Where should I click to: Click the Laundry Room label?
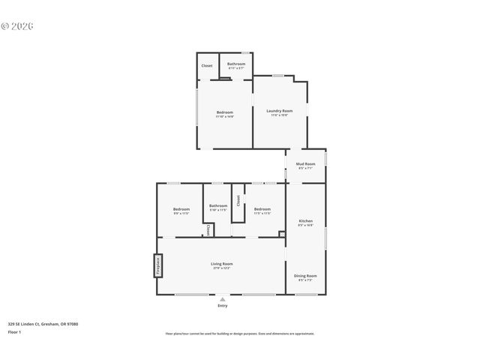click(x=279, y=110)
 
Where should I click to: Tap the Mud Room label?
click(x=305, y=163)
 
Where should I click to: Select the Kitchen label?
click(x=305, y=220)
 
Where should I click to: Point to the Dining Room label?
click(x=305, y=275)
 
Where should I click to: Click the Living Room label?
click(x=221, y=263)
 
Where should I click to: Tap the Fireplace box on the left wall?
click(x=158, y=265)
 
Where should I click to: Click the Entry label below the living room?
click(x=222, y=306)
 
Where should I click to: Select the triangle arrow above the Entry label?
click(x=222, y=299)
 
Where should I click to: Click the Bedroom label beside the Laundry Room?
click(x=224, y=112)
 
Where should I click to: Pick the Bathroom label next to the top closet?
click(x=236, y=64)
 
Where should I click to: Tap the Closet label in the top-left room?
click(x=207, y=66)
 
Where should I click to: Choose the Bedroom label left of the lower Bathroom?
click(x=181, y=209)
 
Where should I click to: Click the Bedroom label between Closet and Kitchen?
click(x=262, y=209)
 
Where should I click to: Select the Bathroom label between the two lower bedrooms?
click(x=218, y=205)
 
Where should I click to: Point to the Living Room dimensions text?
click(x=221, y=268)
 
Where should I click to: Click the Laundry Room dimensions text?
click(x=279, y=115)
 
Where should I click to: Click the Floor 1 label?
click(x=14, y=331)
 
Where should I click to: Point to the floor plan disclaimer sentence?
click(x=239, y=334)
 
